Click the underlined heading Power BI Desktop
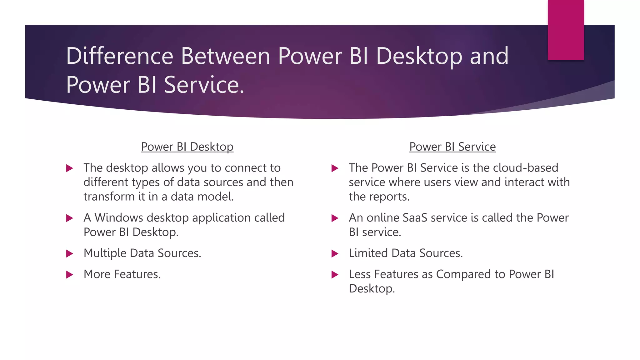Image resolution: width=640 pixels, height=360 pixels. click(187, 147)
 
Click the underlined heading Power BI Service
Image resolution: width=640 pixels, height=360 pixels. click(452, 147)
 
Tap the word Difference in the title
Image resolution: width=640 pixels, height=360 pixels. click(120, 56)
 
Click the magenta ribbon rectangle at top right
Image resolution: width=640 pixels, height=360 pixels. click(566, 30)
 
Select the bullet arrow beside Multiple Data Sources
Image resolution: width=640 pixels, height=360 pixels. click(69, 253)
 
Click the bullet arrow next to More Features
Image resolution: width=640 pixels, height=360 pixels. click(69, 275)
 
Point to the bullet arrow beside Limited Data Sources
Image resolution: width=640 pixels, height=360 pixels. click(335, 253)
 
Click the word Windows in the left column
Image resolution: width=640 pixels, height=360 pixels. click(119, 217)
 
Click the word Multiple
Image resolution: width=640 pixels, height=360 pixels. click(105, 253)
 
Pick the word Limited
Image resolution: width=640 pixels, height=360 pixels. click(368, 253)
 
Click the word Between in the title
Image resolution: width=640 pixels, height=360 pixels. click(225, 56)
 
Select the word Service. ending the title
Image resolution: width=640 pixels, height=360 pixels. click(203, 85)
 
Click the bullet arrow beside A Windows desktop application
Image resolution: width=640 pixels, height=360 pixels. click(69, 218)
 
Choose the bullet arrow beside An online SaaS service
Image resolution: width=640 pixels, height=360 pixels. click(335, 218)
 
